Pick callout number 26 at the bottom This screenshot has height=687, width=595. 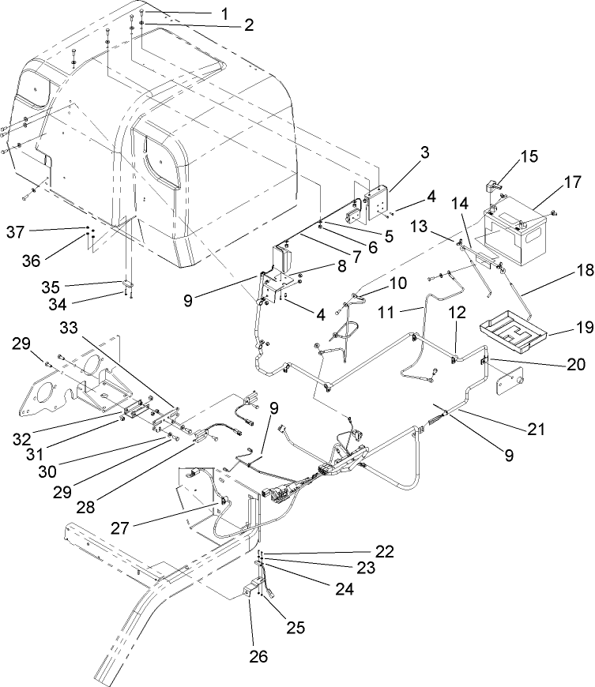258,657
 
